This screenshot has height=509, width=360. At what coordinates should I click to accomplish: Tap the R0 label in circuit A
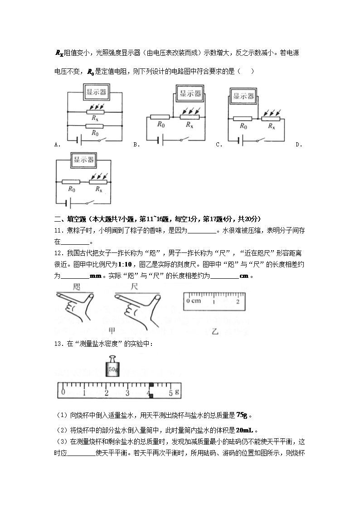(95, 133)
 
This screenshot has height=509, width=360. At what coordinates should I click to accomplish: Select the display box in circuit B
(190, 94)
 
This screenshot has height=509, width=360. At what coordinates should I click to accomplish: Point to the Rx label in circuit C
(271, 126)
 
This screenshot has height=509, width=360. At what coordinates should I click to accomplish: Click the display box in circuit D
(84, 159)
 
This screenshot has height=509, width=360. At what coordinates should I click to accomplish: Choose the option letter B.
(136, 145)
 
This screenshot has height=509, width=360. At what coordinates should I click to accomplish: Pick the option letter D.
(298, 145)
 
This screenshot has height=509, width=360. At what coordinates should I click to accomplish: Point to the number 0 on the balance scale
(63, 392)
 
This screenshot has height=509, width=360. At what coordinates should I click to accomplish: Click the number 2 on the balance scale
(107, 393)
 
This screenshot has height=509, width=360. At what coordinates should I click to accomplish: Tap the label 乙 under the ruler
(215, 331)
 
